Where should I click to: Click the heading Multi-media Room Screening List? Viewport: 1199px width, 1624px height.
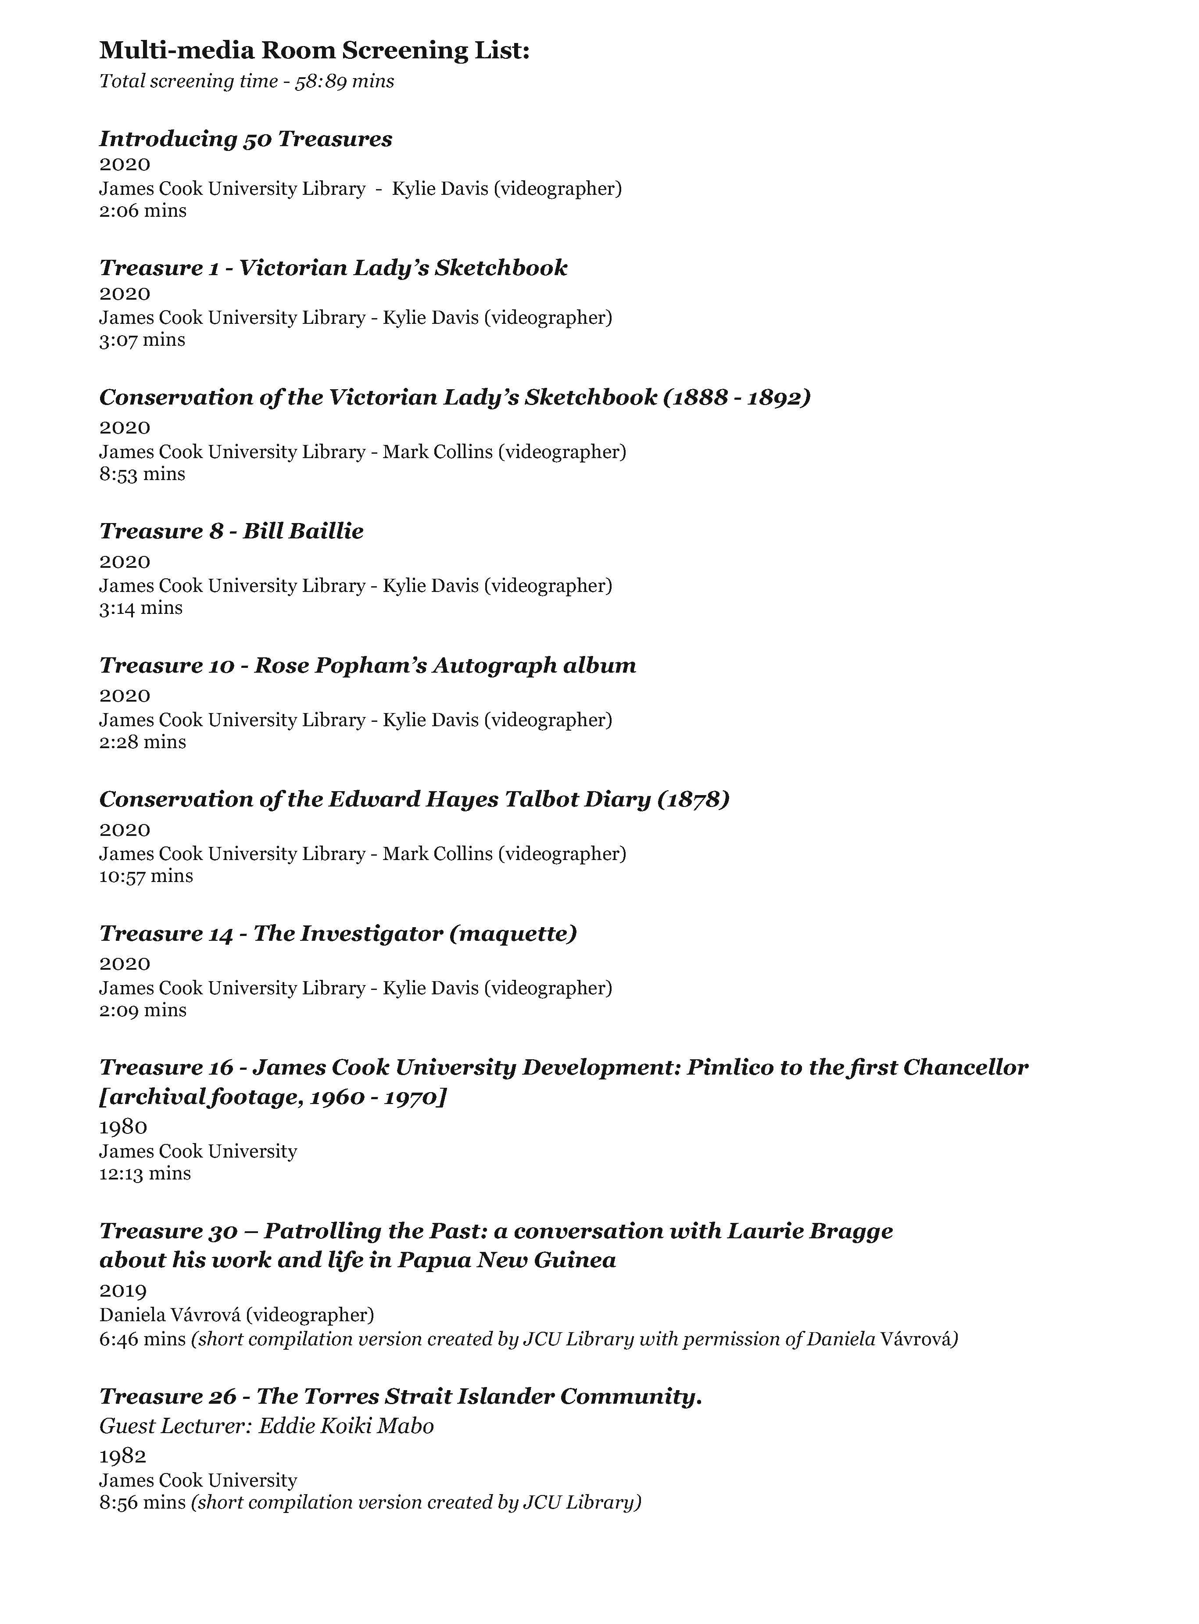[x=314, y=51]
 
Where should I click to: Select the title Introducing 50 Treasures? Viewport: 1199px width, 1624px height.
[x=245, y=139]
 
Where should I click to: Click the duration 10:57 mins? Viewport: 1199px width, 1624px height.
[x=146, y=876]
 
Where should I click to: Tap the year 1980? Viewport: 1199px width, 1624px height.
[x=123, y=1127]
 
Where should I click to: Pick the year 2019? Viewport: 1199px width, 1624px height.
[x=123, y=1290]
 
